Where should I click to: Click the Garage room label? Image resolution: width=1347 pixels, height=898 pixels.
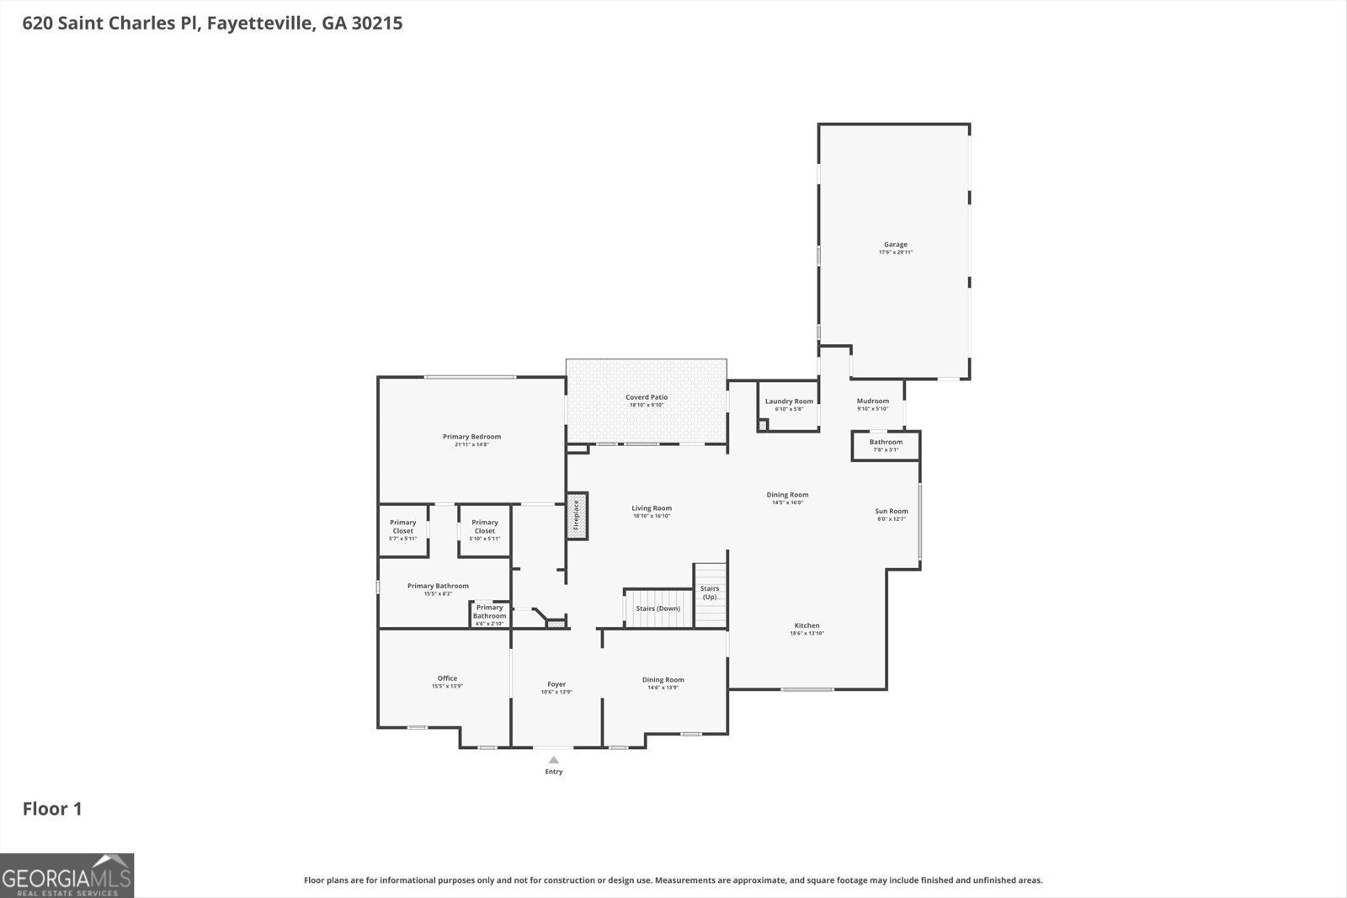point(895,245)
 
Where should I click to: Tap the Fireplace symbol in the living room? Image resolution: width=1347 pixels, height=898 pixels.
point(577,516)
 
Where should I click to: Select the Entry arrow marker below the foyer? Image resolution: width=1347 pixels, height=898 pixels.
point(553,760)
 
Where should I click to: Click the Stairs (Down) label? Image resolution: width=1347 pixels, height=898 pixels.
point(658,608)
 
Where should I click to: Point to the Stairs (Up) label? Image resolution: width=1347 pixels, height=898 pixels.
point(710,592)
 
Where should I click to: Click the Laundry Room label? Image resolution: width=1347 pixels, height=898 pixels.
point(789,401)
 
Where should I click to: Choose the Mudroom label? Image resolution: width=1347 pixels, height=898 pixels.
point(872,401)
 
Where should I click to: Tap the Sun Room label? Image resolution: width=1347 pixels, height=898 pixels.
point(891,511)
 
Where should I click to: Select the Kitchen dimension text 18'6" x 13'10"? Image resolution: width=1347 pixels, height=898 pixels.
point(807,633)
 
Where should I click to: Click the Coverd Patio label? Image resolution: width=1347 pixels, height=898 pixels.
point(647,397)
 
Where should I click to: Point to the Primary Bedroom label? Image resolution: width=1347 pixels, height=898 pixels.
point(471,437)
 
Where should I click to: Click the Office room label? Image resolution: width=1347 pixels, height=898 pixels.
point(447,678)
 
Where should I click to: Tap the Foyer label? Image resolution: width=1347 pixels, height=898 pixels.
point(556,684)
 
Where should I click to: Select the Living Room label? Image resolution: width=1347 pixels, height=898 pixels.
point(652,508)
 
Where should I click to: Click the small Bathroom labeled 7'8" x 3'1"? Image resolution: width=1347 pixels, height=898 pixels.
point(886,445)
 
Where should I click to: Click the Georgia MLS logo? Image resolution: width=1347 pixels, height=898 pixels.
point(67,875)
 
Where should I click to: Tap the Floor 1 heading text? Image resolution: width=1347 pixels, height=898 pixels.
point(52,809)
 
